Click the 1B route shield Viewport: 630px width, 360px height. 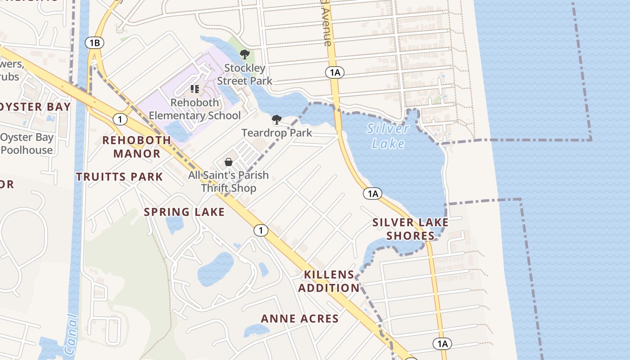pyautogui.click(x=94, y=43)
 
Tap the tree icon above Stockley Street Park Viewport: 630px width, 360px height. pyautogui.click(x=245, y=54)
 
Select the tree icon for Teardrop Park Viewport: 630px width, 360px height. pyautogui.click(x=277, y=120)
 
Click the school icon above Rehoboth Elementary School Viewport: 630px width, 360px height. pyautogui.click(x=195, y=89)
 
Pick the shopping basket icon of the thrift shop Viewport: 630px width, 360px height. pyautogui.click(x=229, y=162)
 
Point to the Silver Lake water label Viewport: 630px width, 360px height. pyautogui.click(x=388, y=136)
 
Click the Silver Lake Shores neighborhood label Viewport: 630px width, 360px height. pyautogui.click(x=410, y=229)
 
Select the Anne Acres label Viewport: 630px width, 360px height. pyautogui.click(x=300, y=319)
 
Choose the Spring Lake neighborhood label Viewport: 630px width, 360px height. pyautogui.click(x=184, y=212)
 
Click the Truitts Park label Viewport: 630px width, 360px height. pyautogui.click(x=119, y=177)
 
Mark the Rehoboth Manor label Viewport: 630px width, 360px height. pyautogui.click(x=137, y=147)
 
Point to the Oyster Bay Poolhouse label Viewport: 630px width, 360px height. pyautogui.click(x=27, y=144)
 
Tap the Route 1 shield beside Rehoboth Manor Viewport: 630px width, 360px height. pyautogui.click(x=120, y=119)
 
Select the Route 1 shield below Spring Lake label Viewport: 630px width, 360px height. pyautogui.click(x=261, y=230)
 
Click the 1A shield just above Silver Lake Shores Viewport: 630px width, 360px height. pyautogui.click(x=373, y=193)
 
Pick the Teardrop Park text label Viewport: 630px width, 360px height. pyautogui.click(x=277, y=133)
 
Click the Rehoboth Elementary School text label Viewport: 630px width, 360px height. pyautogui.click(x=195, y=109)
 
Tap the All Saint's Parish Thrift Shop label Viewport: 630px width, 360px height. pyautogui.click(x=228, y=181)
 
